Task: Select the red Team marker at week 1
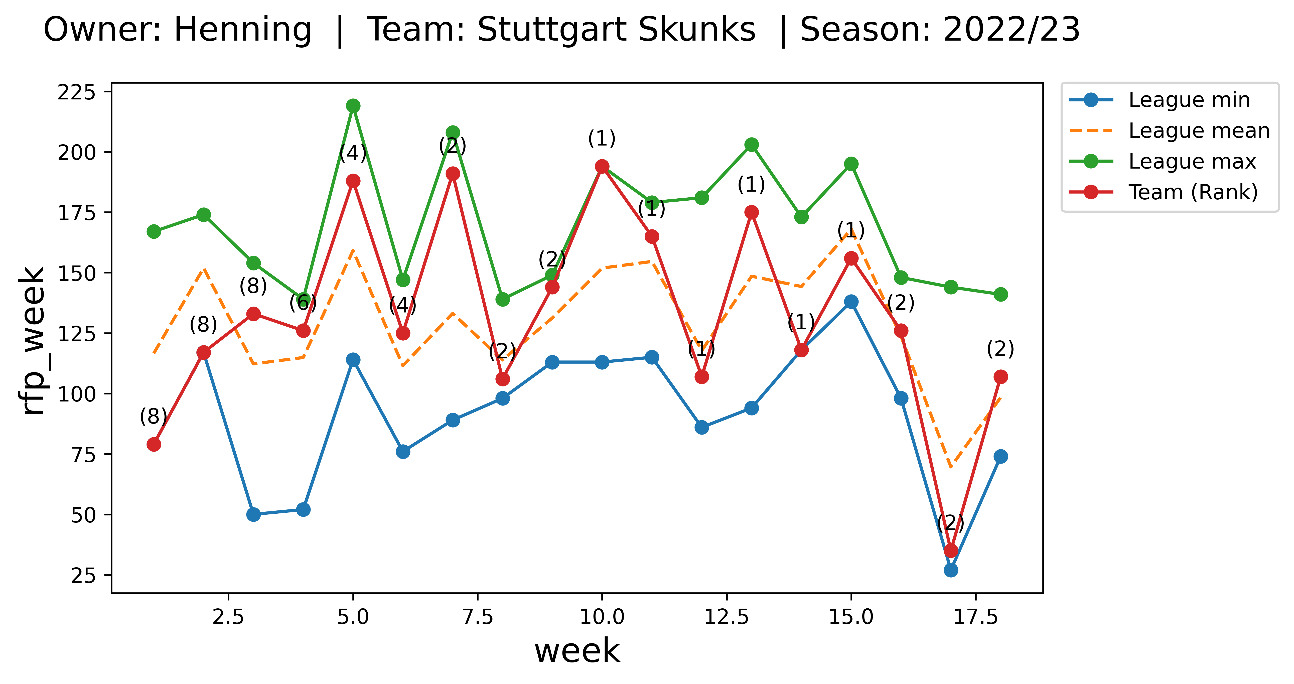coord(154,445)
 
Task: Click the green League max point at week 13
coord(752,145)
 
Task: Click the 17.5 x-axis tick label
coord(975,617)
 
